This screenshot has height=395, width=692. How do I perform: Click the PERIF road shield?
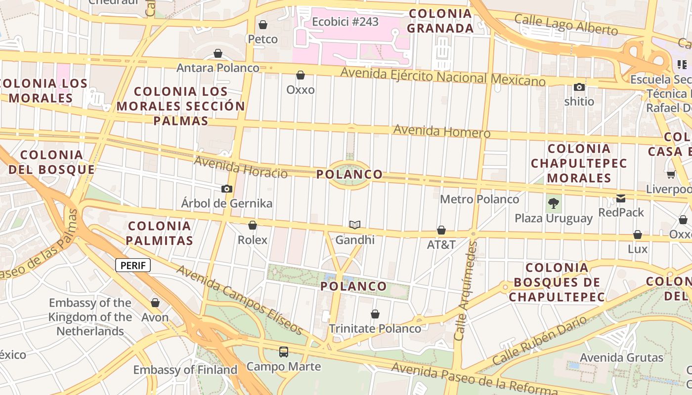pyautogui.click(x=133, y=266)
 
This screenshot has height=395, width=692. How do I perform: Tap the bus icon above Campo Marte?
pyautogui.click(x=284, y=352)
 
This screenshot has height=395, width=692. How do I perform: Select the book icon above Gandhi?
pyautogui.click(x=354, y=225)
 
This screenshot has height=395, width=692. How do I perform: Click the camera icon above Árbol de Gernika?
pyautogui.click(x=227, y=189)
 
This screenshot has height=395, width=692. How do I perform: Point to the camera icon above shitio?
pyautogui.click(x=579, y=87)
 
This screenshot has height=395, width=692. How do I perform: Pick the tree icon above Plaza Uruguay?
pyautogui.click(x=554, y=203)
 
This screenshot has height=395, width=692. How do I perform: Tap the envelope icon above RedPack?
pyautogui.click(x=621, y=198)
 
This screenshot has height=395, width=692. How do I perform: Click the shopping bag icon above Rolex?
pyautogui.click(x=253, y=226)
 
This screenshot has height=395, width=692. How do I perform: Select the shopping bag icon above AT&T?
pyautogui.click(x=441, y=230)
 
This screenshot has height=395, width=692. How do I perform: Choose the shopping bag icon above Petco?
pyautogui.click(x=263, y=25)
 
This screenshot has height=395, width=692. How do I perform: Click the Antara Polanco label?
pyautogui.click(x=218, y=68)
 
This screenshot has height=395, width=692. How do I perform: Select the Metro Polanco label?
pyautogui.click(x=479, y=199)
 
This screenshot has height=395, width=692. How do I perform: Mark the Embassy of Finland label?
pyautogui.click(x=185, y=370)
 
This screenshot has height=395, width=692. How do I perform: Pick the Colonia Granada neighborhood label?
pyautogui.click(x=440, y=21)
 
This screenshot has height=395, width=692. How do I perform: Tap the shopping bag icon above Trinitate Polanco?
pyautogui.click(x=375, y=314)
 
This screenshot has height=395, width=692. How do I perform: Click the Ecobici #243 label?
pyautogui.click(x=345, y=22)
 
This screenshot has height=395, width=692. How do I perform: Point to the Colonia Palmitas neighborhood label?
pyautogui.click(x=159, y=233)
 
